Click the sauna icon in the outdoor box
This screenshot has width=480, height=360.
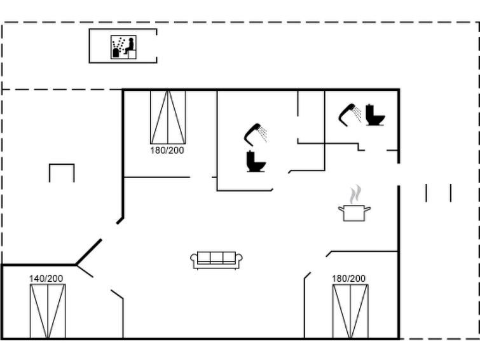click(x=123, y=47)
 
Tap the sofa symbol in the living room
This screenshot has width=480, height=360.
click(x=216, y=260)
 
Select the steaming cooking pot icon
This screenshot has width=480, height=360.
click(x=355, y=203)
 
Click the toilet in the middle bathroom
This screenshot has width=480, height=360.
click(x=256, y=162)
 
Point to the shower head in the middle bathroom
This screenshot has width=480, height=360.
click(x=255, y=134)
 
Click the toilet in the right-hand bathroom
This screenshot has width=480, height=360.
click(x=375, y=115)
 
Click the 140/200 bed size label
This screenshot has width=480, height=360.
click(x=46, y=279)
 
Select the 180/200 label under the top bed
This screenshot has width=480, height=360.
click(x=167, y=151)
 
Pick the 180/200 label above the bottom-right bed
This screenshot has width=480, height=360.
click(x=348, y=279)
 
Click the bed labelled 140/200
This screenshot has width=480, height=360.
click(x=48, y=311)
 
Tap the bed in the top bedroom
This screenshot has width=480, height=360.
click(x=168, y=117)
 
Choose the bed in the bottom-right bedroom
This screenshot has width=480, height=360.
click(x=350, y=312)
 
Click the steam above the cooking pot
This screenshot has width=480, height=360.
click(x=355, y=194)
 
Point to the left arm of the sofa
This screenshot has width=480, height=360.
click(x=194, y=260)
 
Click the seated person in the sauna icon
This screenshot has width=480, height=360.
click(x=130, y=46)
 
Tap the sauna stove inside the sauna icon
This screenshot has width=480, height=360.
click(x=116, y=53)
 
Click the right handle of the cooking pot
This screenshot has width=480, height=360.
click(x=367, y=209)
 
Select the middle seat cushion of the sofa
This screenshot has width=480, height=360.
click(x=216, y=258)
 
